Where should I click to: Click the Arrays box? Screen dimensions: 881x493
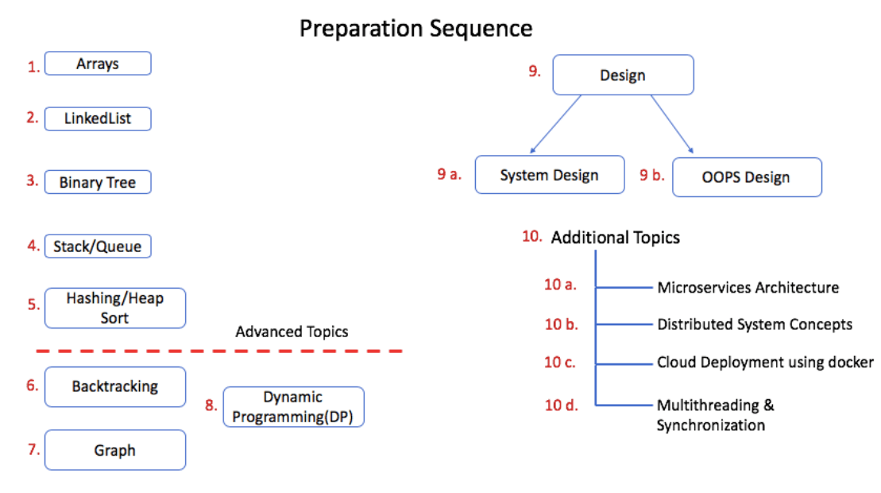(x=98, y=64)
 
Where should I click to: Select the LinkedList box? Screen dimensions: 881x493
(x=98, y=118)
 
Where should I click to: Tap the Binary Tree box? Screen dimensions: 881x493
(x=98, y=182)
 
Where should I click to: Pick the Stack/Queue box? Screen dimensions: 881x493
(x=98, y=246)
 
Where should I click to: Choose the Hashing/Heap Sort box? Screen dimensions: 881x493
(x=115, y=308)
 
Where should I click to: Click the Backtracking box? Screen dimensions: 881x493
(x=115, y=386)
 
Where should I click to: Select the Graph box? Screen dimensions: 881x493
(x=115, y=450)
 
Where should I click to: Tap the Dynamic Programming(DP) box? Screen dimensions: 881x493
(x=293, y=407)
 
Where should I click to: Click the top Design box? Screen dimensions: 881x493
(x=623, y=75)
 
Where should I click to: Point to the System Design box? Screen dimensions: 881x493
(x=550, y=175)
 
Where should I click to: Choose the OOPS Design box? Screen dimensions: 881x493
(x=747, y=177)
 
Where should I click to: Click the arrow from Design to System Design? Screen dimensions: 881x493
(x=555, y=124)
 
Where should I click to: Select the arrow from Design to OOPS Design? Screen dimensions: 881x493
(x=672, y=124)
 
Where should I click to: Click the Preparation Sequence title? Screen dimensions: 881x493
(x=415, y=29)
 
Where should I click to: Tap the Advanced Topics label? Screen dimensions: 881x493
(x=292, y=332)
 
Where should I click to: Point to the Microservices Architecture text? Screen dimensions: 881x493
(x=748, y=287)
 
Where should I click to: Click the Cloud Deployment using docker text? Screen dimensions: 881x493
(x=765, y=362)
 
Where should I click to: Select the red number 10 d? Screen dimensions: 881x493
(x=561, y=405)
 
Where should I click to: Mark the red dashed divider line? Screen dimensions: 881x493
(x=219, y=351)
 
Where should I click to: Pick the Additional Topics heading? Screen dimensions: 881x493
(x=615, y=237)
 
